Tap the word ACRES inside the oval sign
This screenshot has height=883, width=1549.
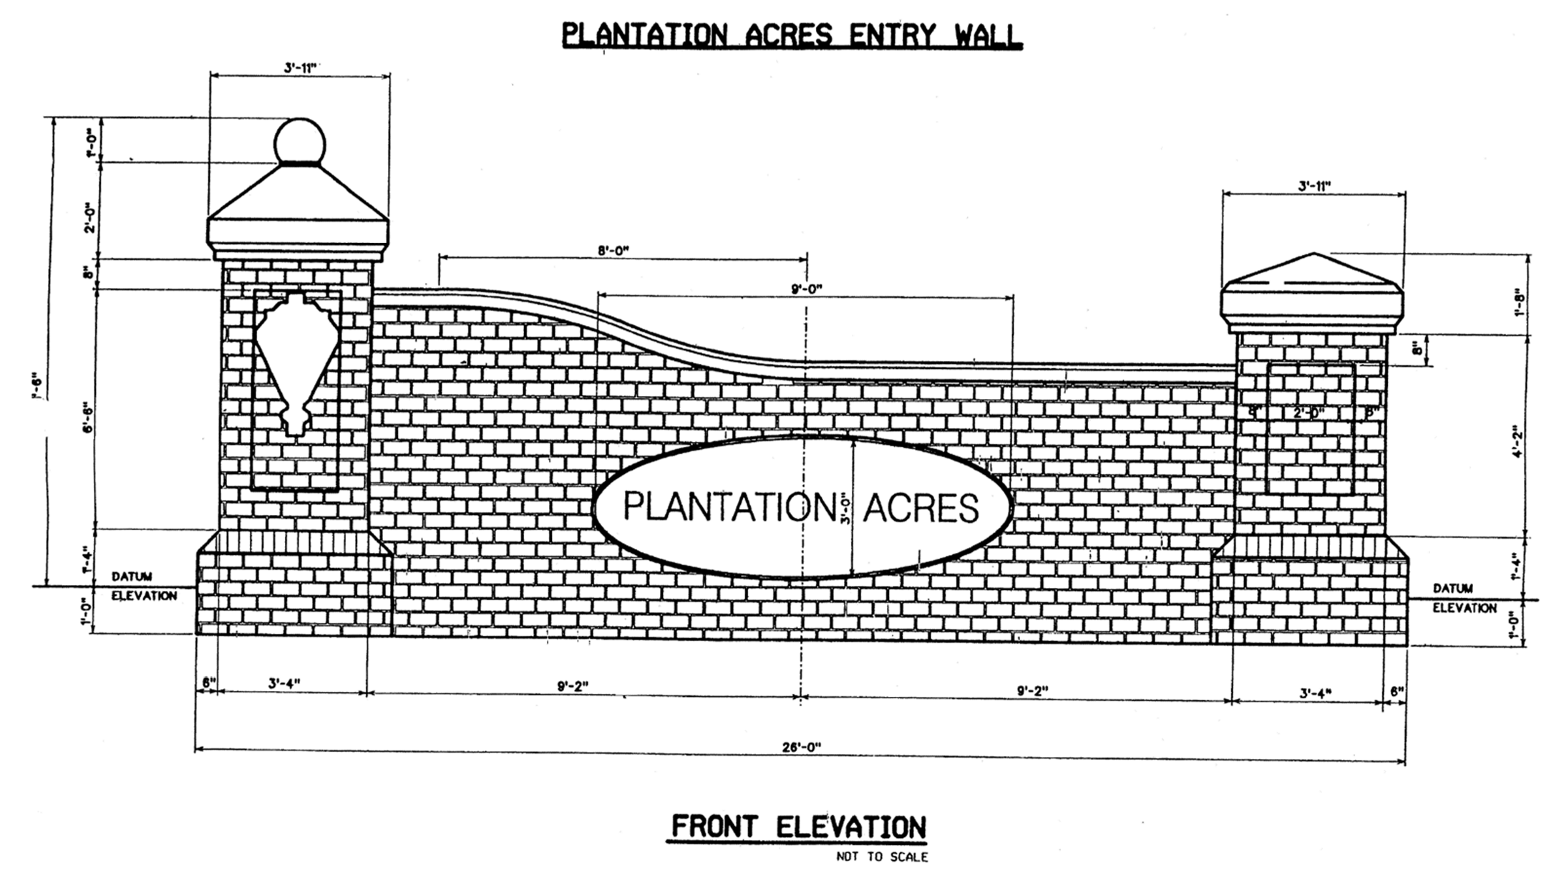[x=921, y=508]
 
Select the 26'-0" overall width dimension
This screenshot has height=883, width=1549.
[x=800, y=746]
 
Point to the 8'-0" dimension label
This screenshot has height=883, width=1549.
[x=613, y=251]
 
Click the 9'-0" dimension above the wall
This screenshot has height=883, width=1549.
[x=807, y=289]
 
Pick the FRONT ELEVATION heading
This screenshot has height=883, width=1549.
[x=797, y=827]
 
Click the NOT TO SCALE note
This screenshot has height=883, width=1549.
[x=882, y=857]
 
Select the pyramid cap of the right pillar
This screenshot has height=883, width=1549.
[x=1312, y=294]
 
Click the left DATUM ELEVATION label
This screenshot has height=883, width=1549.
[x=143, y=586]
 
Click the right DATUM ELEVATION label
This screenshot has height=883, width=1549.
[x=1464, y=598]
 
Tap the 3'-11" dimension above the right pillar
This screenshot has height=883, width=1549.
[x=1314, y=186]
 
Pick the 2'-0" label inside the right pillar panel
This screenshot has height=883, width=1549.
[x=1308, y=412]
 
